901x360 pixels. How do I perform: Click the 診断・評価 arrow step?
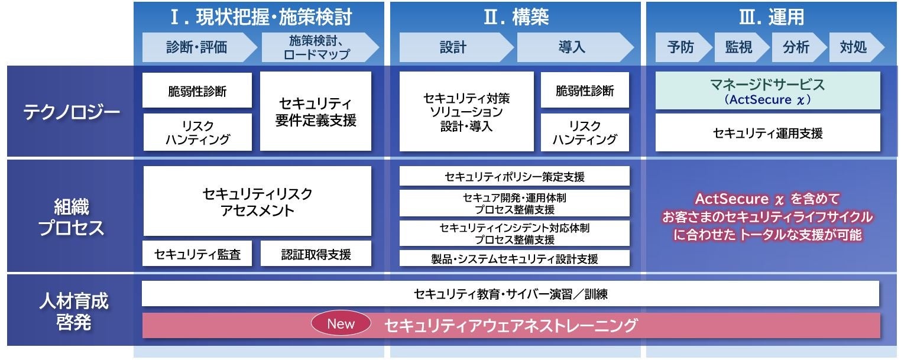coord(197,48)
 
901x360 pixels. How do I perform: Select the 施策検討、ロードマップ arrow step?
coord(317,48)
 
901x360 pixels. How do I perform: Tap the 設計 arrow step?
coord(453,48)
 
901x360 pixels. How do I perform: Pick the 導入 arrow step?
coord(572,48)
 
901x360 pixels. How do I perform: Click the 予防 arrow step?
coord(680,48)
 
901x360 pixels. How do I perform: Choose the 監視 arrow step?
coord(738,48)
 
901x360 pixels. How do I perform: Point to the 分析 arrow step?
coord(796,48)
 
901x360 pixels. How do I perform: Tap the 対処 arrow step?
coord(853,48)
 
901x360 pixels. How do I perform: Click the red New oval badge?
coord(341,323)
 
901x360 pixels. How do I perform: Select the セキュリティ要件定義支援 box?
coord(316,112)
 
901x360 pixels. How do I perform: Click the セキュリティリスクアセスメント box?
coord(257,202)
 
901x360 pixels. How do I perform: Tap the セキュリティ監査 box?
coord(197,254)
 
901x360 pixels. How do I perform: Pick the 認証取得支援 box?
coord(316,254)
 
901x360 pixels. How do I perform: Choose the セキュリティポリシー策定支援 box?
coord(514,176)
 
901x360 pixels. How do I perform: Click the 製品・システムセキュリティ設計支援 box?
coord(514,258)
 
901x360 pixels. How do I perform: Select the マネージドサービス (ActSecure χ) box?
coord(767,91)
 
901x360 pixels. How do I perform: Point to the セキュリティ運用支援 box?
coord(767,133)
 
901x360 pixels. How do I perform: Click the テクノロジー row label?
coord(72,112)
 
